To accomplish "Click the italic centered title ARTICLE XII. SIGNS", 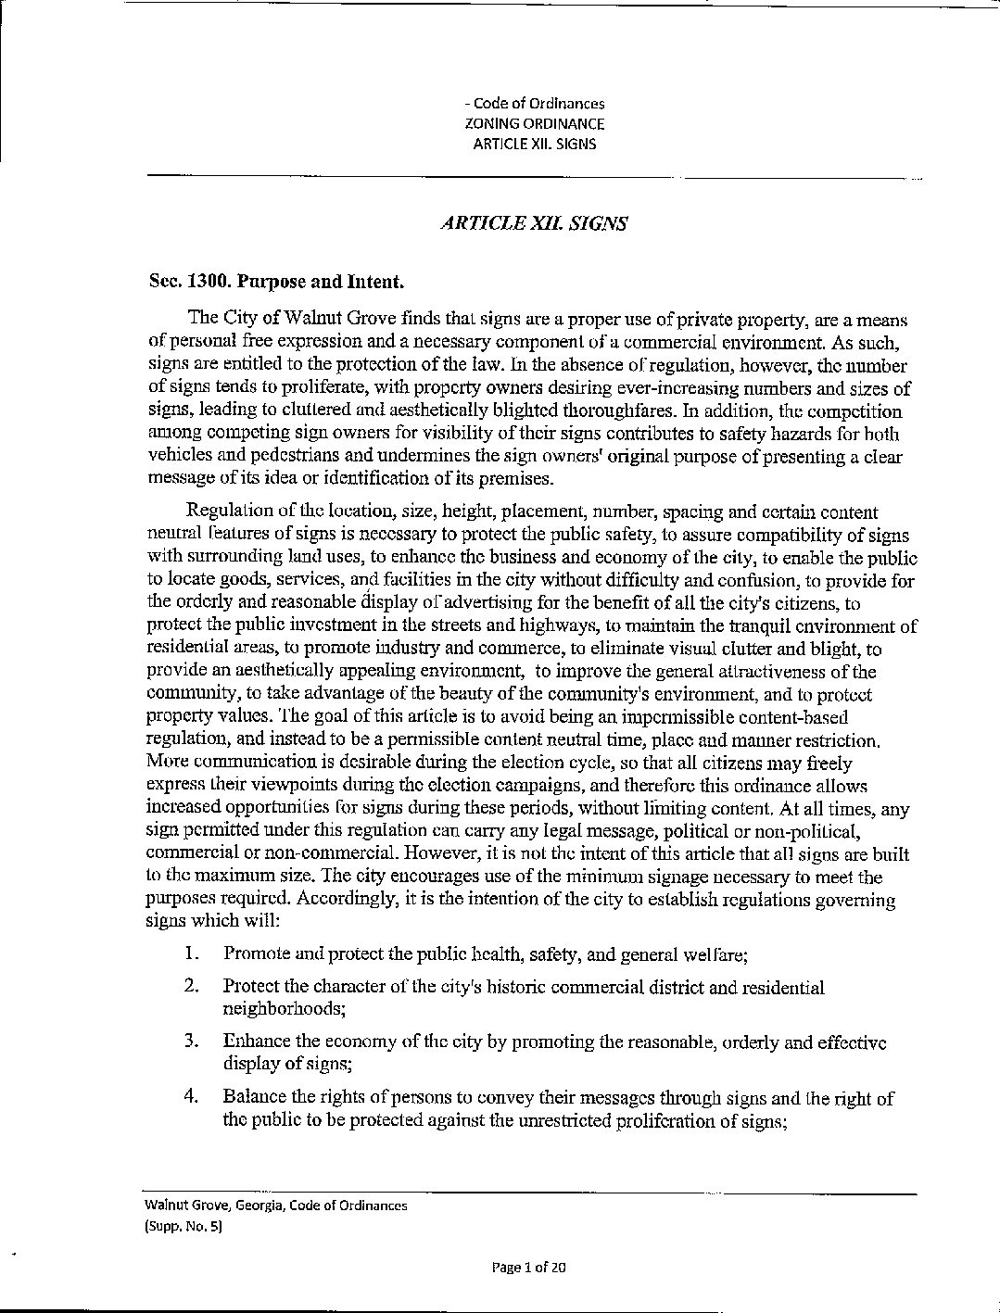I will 534,224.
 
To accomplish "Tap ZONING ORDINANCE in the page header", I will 534,123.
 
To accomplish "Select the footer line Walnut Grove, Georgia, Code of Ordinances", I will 275,1206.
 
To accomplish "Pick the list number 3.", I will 192,1042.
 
